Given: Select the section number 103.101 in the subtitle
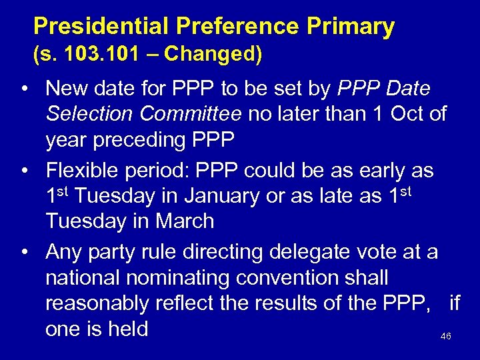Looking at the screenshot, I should (x=103, y=54).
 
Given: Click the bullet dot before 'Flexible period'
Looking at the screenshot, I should (x=24, y=171).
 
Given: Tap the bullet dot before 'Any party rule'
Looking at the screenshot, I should (x=24, y=253).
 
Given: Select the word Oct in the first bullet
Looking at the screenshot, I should (x=409, y=114).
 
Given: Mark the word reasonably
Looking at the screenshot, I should (x=97, y=303).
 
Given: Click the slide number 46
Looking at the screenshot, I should (x=446, y=337).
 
